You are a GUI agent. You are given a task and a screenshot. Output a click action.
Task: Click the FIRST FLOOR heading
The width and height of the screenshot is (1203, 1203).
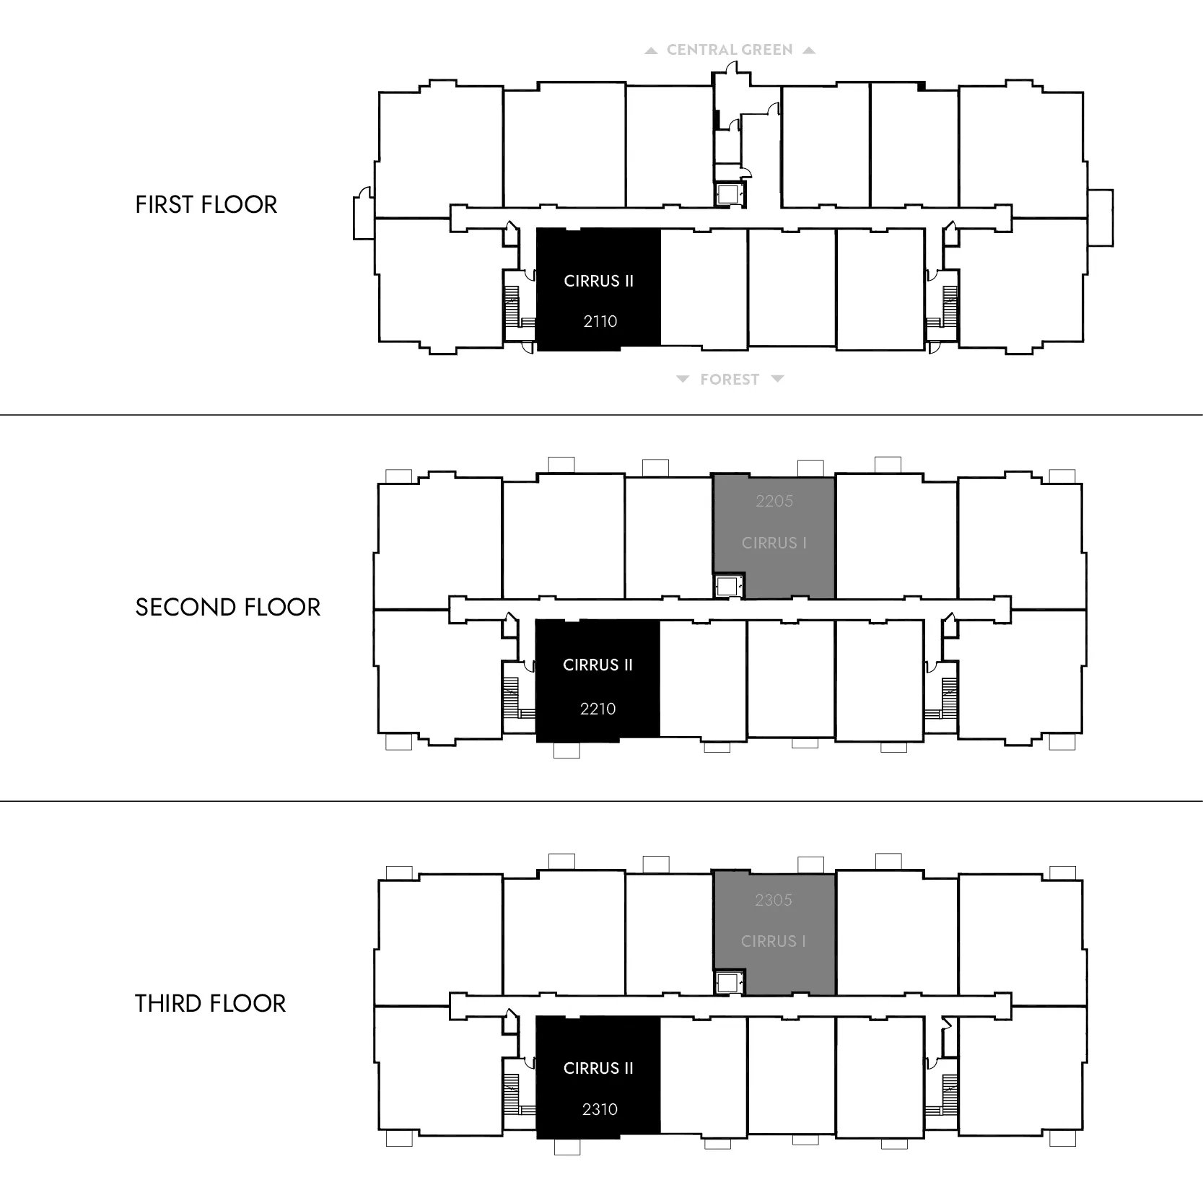click(206, 205)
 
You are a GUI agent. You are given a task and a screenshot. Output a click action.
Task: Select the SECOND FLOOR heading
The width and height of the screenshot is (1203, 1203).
click(228, 608)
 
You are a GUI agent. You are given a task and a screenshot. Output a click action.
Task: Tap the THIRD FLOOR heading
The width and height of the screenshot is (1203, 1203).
click(211, 1004)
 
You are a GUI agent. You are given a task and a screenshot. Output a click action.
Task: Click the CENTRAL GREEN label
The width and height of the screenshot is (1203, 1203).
click(730, 50)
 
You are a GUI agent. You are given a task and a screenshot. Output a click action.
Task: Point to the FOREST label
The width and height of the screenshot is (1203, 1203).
click(730, 380)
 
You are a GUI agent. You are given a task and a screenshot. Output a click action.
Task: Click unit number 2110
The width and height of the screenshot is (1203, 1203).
click(600, 321)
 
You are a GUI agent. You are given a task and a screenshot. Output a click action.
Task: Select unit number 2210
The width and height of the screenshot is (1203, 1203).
click(598, 709)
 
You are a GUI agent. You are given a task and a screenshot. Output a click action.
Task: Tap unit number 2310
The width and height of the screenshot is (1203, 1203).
click(600, 1109)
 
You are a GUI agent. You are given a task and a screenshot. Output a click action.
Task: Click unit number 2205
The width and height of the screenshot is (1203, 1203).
click(774, 501)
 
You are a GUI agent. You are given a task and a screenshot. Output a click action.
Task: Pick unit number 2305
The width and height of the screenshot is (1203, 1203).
click(774, 900)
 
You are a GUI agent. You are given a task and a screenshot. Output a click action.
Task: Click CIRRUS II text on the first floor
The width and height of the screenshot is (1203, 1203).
click(599, 281)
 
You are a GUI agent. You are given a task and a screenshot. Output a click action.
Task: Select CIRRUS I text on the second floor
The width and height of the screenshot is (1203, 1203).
click(774, 543)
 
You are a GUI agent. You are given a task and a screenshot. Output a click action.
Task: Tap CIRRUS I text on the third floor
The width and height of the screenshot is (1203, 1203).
click(774, 941)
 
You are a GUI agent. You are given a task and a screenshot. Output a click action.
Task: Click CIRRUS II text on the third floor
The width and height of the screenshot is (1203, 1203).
click(599, 1068)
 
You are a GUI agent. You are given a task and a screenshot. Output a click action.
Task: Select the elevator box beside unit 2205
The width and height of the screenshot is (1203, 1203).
click(727, 586)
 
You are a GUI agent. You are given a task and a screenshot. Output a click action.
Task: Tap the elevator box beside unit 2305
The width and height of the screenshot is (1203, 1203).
click(727, 983)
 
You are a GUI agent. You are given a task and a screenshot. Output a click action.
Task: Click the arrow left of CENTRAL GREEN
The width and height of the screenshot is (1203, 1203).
click(651, 51)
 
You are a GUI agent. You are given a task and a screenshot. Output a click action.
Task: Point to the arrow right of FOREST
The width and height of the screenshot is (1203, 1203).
click(777, 379)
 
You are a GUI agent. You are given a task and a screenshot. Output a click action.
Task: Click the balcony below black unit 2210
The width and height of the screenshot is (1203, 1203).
click(566, 751)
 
